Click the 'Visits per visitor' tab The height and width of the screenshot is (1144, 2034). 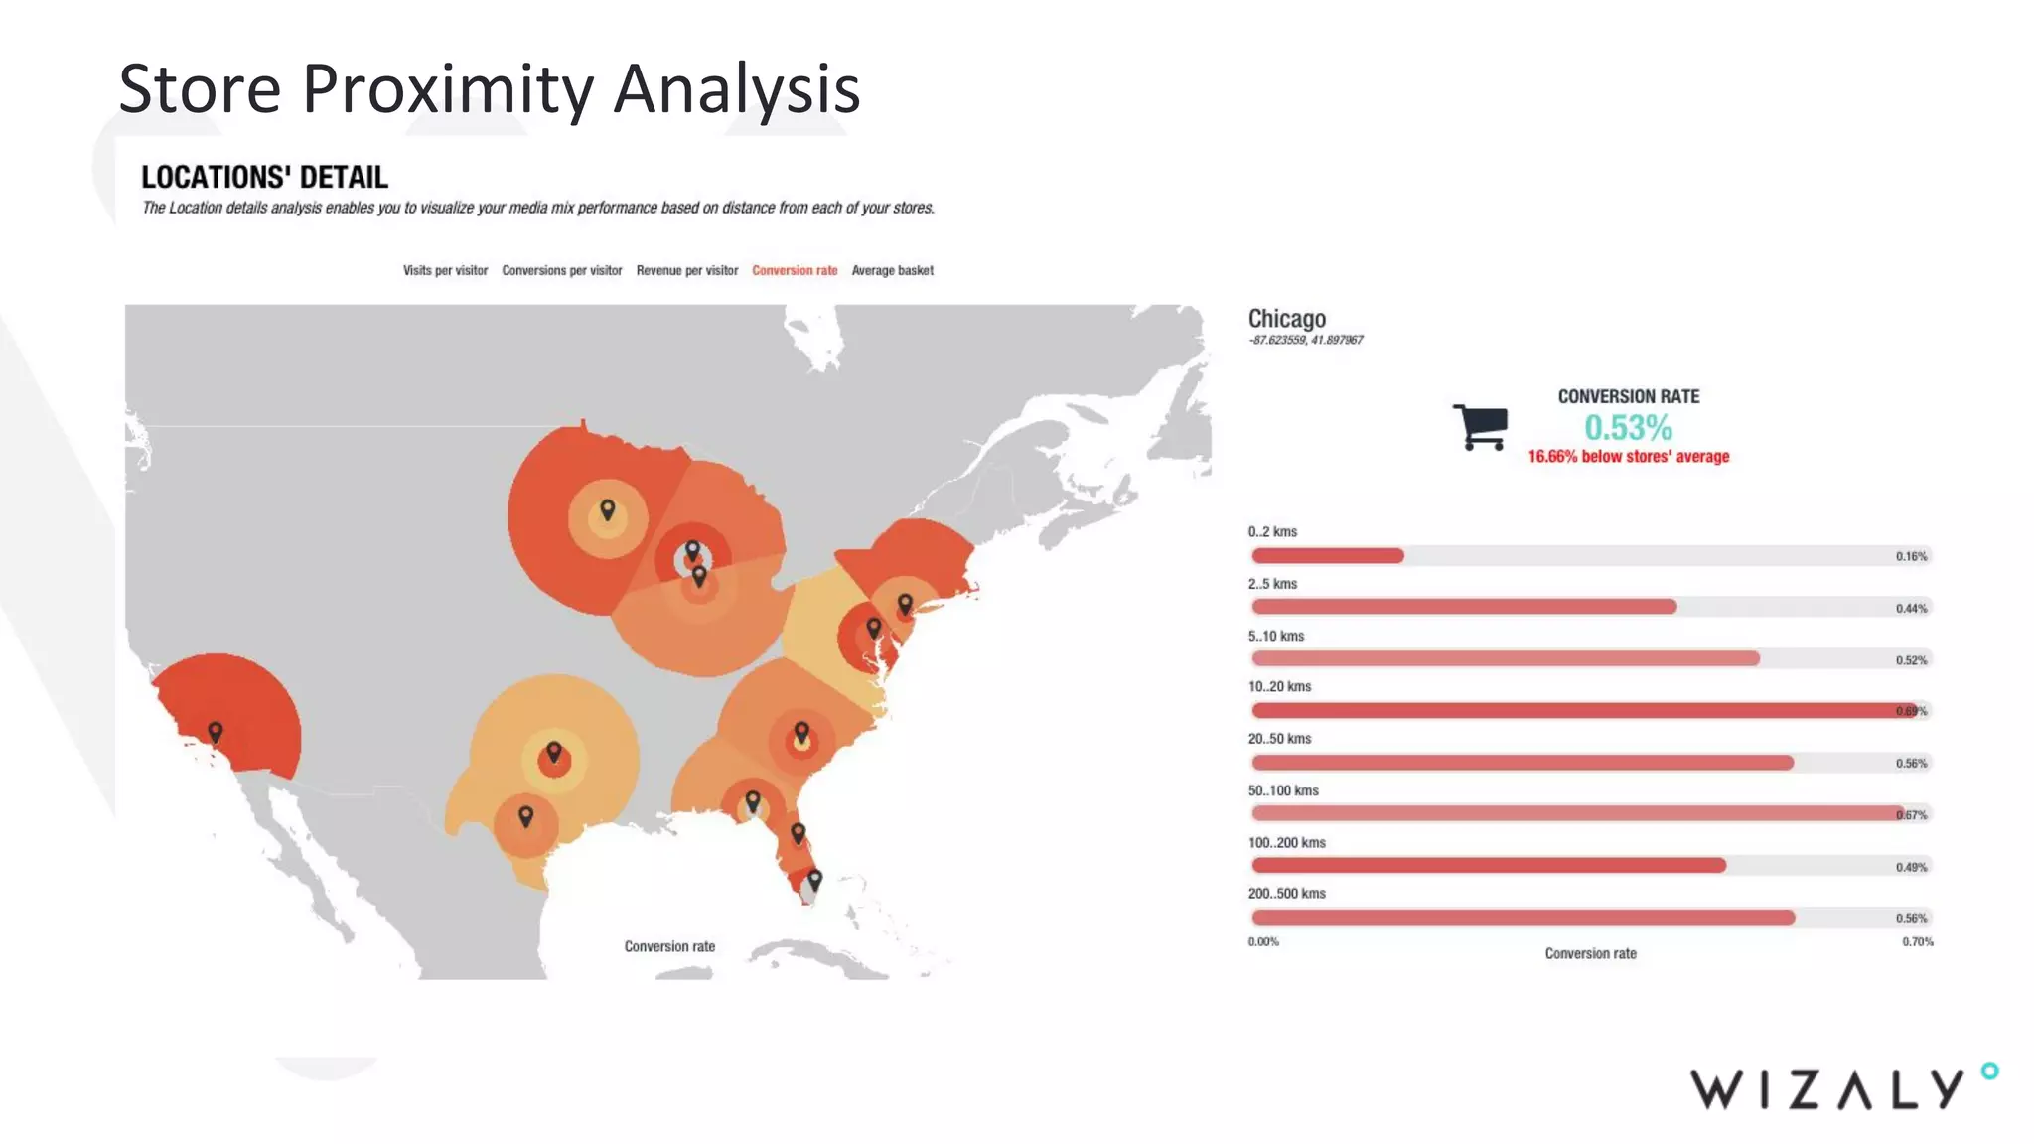[445, 270]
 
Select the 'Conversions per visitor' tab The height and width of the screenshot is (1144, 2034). [561, 270]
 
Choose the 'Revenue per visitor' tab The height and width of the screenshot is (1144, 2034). [686, 270]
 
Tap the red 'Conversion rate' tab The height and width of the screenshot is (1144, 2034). [795, 270]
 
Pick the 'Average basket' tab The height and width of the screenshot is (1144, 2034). [892, 270]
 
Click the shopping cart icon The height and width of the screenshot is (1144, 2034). [1480, 427]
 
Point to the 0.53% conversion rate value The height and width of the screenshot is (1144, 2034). [1628, 428]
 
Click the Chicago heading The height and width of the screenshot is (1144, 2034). [1286, 319]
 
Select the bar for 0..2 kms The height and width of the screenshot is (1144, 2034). [1327, 556]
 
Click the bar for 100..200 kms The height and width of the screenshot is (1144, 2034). [1488, 866]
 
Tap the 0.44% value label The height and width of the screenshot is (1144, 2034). [1911, 608]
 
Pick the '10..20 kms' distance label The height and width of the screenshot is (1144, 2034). [1279, 686]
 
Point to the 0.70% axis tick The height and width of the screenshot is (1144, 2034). [1917, 941]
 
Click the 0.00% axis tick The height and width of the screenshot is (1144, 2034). [1263, 941]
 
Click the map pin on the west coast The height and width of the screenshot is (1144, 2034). [216, 733]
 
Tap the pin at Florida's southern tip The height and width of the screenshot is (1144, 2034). [814, 880]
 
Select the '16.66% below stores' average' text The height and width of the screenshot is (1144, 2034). [1628, 457]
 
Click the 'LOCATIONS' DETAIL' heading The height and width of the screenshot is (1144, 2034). [264, 177]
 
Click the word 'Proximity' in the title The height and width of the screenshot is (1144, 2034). [447, 89]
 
